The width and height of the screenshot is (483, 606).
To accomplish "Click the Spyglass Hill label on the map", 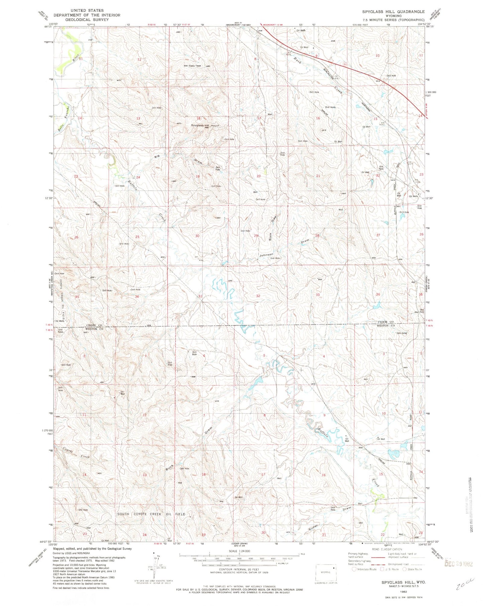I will [x=200, y=125].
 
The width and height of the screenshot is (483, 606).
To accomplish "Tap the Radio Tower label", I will [x=195, y=66].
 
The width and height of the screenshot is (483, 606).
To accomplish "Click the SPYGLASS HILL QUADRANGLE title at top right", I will [x=393, y=11].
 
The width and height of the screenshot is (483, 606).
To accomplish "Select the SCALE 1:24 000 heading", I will [x=239, y=551].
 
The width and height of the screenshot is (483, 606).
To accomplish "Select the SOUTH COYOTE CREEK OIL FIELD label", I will [x=151, y=514].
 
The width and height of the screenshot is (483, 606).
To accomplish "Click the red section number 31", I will [x=200, y=296].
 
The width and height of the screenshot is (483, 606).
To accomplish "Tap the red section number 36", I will [x=137, y=296].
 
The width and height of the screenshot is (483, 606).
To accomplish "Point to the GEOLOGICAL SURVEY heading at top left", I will [x=87, y=19].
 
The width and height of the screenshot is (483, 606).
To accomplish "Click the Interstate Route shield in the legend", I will [x=354, y=569].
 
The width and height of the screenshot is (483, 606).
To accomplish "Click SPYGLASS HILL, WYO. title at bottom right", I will [x=404, y=582].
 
